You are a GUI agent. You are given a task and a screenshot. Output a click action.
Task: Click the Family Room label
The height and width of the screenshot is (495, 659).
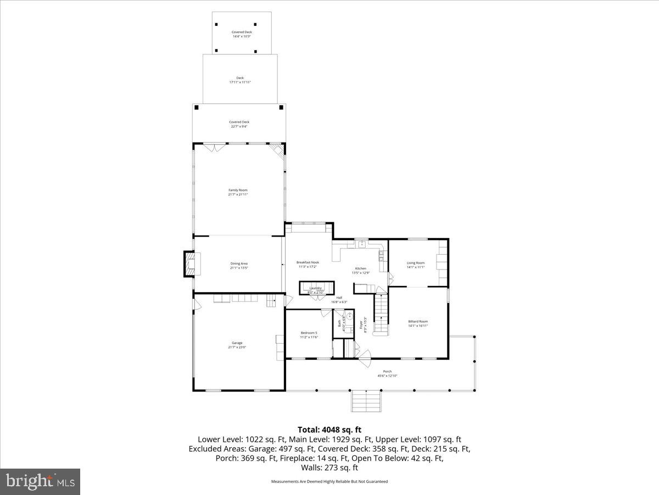238,192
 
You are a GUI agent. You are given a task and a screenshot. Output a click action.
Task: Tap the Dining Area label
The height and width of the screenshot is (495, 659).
238,266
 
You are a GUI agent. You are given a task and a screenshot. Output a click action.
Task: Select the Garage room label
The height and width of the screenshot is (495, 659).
237,345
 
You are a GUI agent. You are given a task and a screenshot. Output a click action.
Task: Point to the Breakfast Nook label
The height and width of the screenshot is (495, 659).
308,265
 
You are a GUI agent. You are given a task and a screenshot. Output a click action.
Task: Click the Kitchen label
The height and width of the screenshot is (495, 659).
360,270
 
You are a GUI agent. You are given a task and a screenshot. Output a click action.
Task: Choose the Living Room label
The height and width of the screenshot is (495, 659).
416,265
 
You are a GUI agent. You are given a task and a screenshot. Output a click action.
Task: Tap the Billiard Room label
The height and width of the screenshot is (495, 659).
417,323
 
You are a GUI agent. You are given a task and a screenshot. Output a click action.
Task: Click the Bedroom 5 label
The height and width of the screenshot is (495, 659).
309,334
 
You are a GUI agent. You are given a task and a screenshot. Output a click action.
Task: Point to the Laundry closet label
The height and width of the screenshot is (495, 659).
315,289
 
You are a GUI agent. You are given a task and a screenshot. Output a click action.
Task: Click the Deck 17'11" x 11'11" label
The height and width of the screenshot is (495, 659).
240,80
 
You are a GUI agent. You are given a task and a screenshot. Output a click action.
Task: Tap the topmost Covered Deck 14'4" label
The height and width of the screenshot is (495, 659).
242,34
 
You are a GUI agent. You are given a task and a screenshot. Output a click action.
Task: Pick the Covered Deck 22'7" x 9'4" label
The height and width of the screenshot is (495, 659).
239,124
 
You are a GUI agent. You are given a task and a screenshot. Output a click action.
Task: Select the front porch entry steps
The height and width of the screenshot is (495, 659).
366,400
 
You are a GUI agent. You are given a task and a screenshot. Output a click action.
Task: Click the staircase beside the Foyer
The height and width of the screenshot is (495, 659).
381,314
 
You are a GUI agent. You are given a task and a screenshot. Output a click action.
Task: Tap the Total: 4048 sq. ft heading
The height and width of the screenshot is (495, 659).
329,430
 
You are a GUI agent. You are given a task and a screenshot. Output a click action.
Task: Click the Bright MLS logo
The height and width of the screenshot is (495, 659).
40,481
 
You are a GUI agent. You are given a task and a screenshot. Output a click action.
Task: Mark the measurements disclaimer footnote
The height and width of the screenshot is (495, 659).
329,481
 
